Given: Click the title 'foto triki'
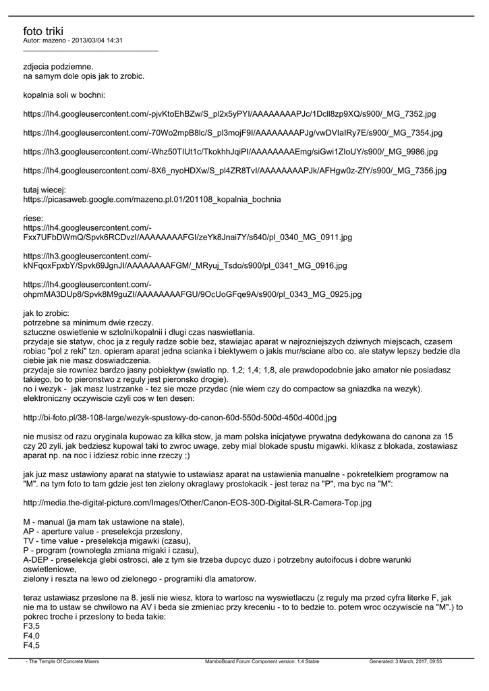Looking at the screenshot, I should pyautogui.click(x=42, y=31).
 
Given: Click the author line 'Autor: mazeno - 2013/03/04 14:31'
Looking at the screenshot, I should pyautogui.click(x=73, y=40).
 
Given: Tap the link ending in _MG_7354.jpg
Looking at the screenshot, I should pyautogui.click(x=233, y=133).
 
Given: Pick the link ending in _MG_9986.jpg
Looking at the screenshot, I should pyautogui.click(x=230, y=152).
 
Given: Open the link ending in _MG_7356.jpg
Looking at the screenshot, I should pyautogui.click(x=234, y=171).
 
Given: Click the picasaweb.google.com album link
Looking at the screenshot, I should pyautogui.click(x=152, y=200).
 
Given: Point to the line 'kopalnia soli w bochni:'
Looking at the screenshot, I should pyautogui.click(x=64, y=95).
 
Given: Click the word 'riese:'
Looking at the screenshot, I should pyautogui.click(x=33, y=219).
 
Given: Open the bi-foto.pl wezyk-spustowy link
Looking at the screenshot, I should pyautogui.click(x=179, y=418).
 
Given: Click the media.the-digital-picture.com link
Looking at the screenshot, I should pyautogui.click(x=197, y=503).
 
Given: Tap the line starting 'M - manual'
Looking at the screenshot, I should pyautogui.click(x=103, y=522).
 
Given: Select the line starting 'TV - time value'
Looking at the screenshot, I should pyautogui.click(x=107, y=541).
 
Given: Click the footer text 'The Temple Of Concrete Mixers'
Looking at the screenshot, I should pyautogui.click(x=63, y=662).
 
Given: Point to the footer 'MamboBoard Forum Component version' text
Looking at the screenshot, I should pyautogui.click(x=262, y=662).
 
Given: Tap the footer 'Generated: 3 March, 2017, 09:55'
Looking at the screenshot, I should pyautogui.click(x=405, y=662).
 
